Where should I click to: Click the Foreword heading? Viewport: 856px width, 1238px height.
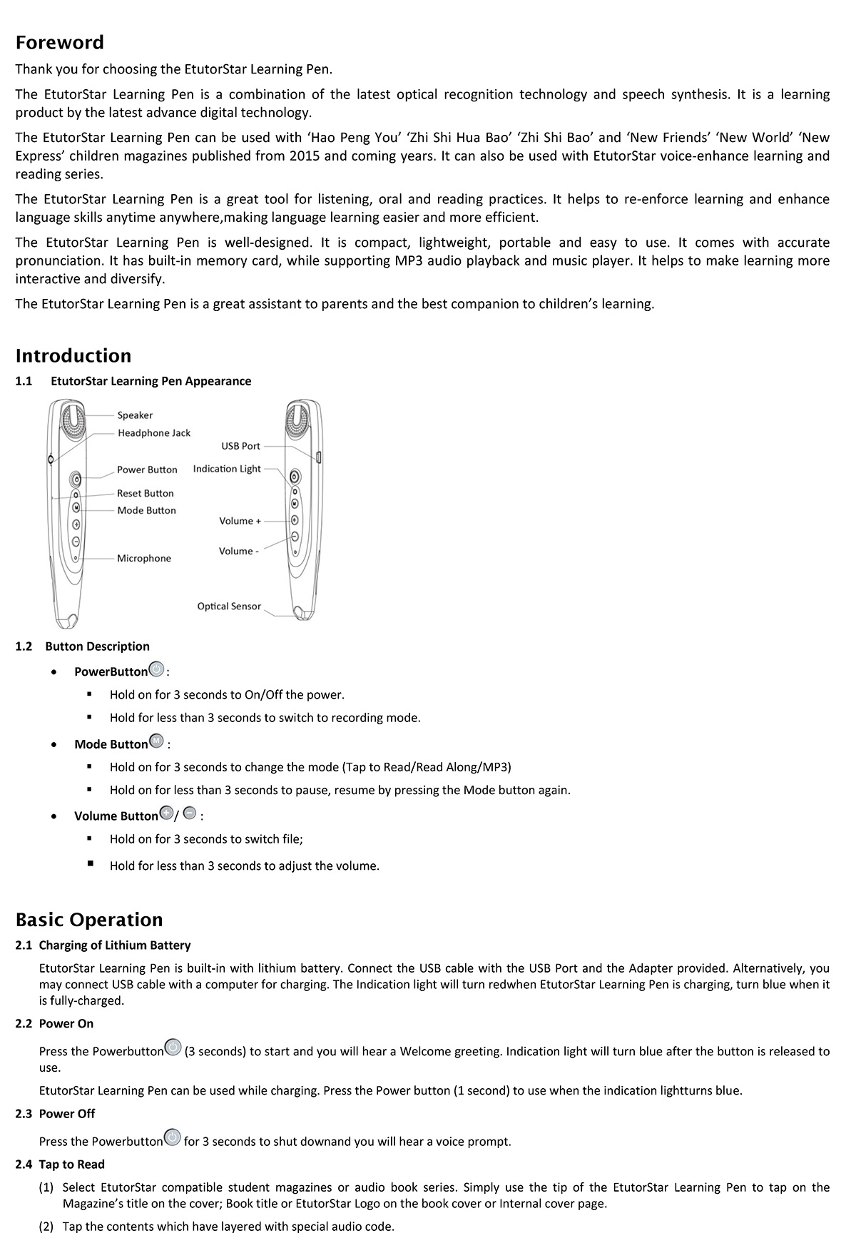pyautogui.click(x=59, y=43)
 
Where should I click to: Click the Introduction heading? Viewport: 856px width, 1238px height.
pyautogui.click(x=73, y=356)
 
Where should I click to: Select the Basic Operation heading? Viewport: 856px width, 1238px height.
pyautogui.click(x=89, y=920)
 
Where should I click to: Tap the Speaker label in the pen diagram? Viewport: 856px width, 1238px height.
pyautogui.click(x=135, y=415)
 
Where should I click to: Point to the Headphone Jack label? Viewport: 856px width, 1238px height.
pyautogui.click(x=154, y=433)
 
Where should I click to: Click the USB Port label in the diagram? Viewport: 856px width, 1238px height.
pyautogui.click(x=240, y=446)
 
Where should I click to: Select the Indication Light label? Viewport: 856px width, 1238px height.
pyautogui.click(x=227, y=469)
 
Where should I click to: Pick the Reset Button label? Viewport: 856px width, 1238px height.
pyautogui.click(x=146, y=493)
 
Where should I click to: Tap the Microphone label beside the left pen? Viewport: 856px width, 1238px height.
pyautogui.click(x=144, y=558)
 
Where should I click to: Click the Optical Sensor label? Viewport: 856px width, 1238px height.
pyautogui.click(x=229, y=607)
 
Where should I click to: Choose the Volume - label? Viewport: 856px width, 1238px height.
pyautogui.click(x=238, y=551)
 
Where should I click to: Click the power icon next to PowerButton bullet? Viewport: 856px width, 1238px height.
pyautogui.click(x=156, y=670)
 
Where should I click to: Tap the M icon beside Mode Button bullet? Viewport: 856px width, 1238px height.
pyautogui.click(x=157, y=742)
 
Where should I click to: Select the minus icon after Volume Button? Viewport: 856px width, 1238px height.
pyautogui.click(x=190, y=813)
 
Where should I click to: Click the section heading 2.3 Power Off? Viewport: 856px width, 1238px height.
pyautogui.click(x=55, y=1114)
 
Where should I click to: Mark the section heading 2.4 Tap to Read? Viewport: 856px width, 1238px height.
pyautogui.click(x=60, y=1165)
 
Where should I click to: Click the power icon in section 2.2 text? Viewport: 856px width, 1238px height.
pyautogui.click(x=173, y=1047)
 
